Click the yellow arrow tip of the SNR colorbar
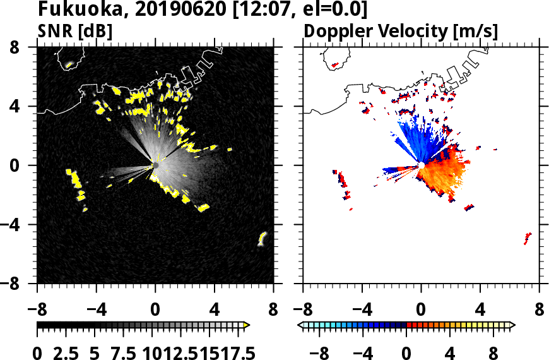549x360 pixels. pyautogui.click(x=247, y=325)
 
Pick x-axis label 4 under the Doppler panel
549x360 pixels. pyautogui.click(x=480, y=310)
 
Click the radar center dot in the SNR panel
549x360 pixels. pyautogui.click(x=155, y=165)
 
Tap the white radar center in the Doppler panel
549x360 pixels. pyautogui.click(x=421, y=165)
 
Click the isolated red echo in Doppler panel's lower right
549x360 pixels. pyautogui.click(x=528, y=238)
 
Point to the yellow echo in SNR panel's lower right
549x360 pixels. pyautogui.click(x=263, y=239)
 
